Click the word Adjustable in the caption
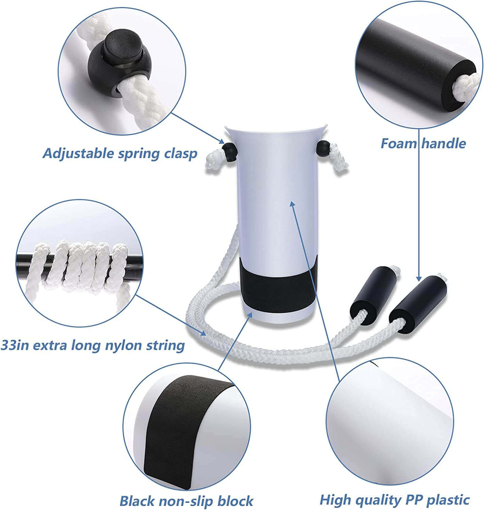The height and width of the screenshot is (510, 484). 78,154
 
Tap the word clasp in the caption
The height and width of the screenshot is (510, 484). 180,154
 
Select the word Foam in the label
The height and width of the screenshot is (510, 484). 399,143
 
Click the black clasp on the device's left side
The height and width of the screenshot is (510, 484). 229,152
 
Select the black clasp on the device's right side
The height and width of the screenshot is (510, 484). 323,149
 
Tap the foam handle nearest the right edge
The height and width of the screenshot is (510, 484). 418,305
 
